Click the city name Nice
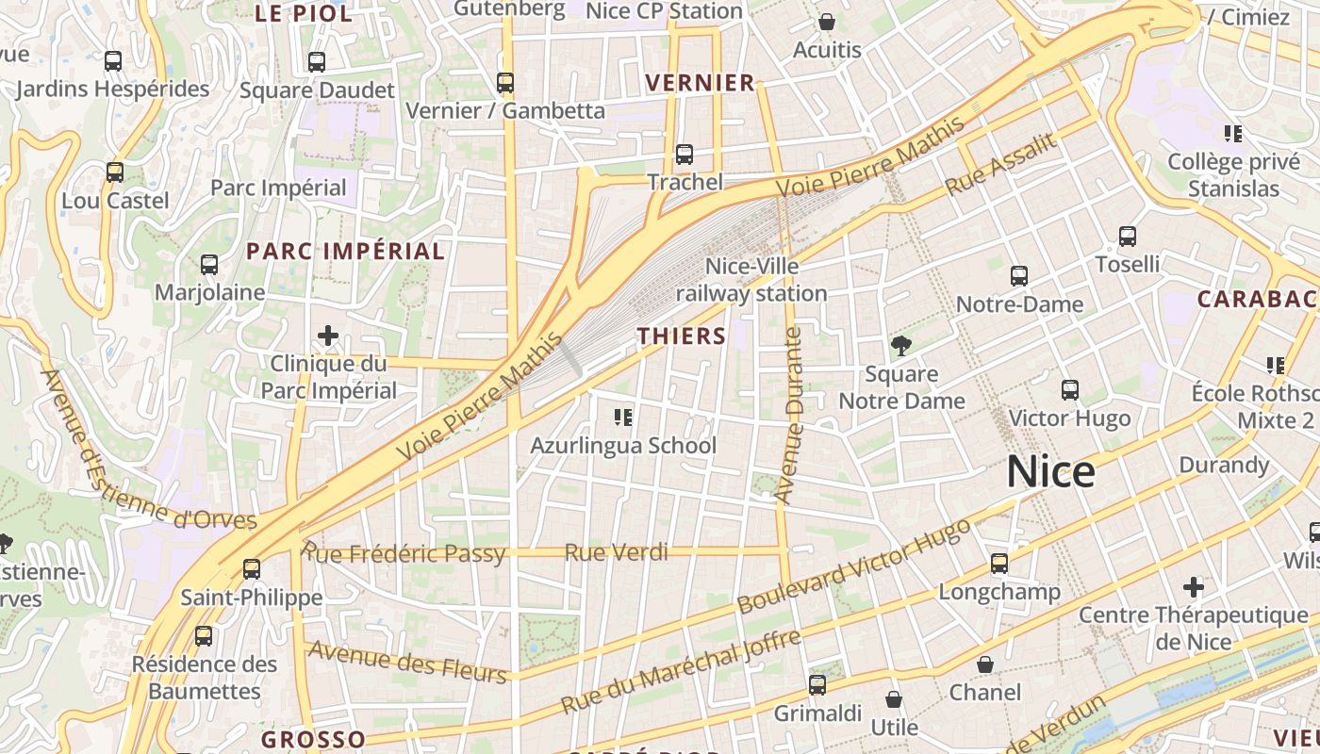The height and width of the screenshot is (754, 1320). [1050, 471]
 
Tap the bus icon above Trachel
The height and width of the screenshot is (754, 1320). [685, 154]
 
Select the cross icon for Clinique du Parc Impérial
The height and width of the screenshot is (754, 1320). [328, 336]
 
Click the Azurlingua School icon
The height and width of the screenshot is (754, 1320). [622, 417]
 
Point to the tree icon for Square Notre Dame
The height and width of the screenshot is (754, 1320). [901, 346]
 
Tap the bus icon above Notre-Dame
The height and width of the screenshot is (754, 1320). [1019, 276]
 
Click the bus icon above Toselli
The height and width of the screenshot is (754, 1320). [1128, 237]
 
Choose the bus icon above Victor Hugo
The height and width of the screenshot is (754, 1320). [1070, 389]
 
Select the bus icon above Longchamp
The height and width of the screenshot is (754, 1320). [999, 564]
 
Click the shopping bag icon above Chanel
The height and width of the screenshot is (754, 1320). [985, 664]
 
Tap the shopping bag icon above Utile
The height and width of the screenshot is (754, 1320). [894, 699]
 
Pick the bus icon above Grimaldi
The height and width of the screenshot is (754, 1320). [817, 685]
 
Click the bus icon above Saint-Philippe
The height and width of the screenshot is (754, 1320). [252, 569]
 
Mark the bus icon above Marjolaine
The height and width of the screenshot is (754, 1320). [209, 265]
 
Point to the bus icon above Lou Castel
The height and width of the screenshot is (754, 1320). [115, 172]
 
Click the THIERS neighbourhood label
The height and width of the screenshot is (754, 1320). [682, 336]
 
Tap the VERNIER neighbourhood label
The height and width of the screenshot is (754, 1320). [701, 83]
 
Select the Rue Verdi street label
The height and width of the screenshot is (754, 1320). [616, 552]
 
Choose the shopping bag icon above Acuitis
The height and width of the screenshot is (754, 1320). [827, 22]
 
